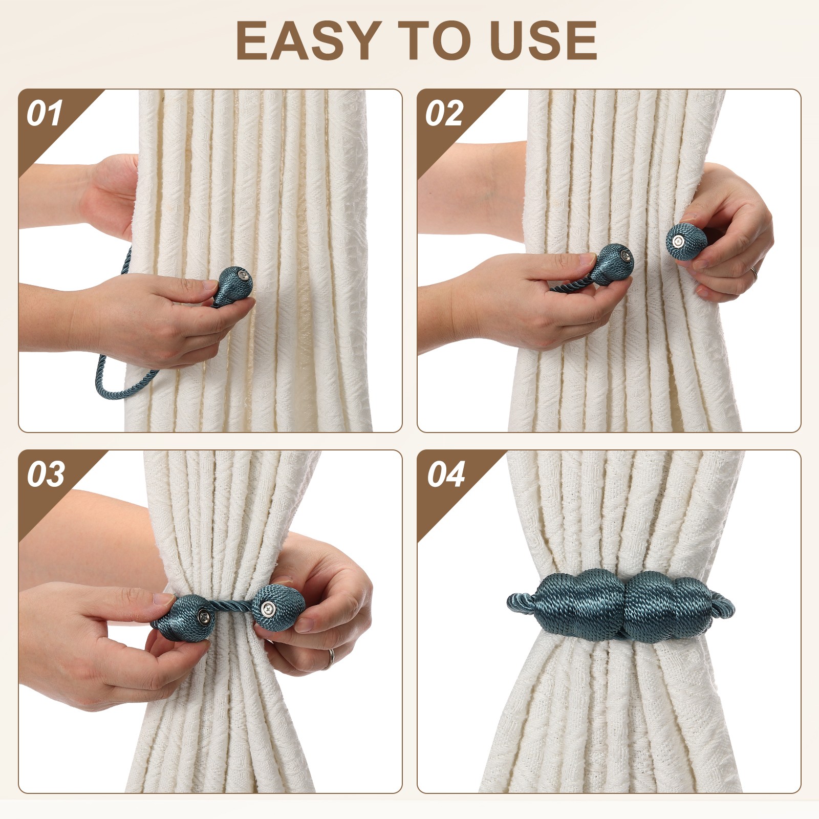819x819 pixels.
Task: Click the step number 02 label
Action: (443, 114)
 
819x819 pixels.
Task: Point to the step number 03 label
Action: (46, 475)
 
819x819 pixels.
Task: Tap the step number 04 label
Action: (445, 475)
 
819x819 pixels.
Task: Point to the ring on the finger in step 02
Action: (754, 273)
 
